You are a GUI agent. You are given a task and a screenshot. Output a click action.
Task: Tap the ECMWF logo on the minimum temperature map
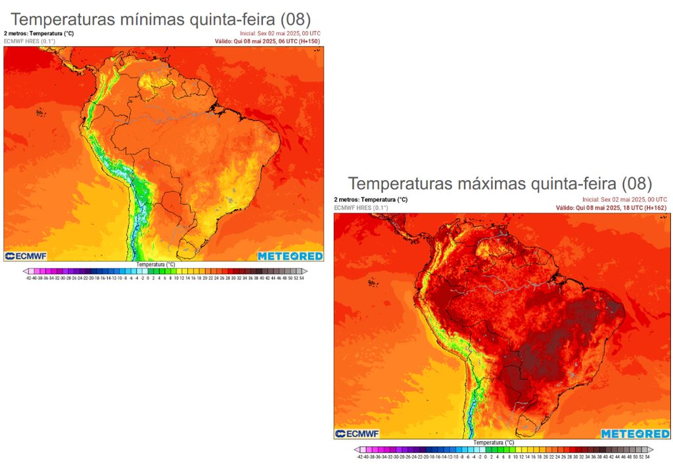tap(28, 256)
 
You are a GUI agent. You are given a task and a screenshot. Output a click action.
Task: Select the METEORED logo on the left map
tap(289, 256)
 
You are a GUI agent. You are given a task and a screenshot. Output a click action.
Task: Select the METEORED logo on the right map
tap(635, 434)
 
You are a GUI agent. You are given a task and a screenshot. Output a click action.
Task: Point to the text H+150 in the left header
tap(309, 41)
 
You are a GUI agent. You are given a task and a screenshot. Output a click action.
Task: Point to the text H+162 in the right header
tap(655, 208)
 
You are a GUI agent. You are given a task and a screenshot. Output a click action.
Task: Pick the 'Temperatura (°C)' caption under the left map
tap(156, 264)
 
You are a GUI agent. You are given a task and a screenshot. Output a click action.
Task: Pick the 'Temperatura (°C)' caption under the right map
tap(494, 442)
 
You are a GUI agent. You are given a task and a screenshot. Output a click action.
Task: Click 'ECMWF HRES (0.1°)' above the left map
tap(30, 41)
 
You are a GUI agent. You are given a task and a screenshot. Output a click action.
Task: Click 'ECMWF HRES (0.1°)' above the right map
tap(361, 208)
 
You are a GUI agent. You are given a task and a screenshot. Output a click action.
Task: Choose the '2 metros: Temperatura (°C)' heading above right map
tap(371, 199)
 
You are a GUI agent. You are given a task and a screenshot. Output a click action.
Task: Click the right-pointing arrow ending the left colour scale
tap(304, 271)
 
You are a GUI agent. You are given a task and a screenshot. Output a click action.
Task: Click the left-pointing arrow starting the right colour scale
tap(357, 450)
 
